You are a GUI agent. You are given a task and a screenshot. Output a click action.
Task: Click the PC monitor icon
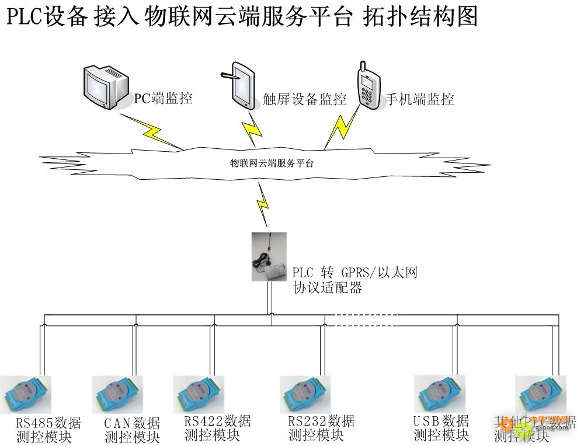coord(105,87)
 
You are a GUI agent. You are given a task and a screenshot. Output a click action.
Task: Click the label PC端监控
coord(163,98)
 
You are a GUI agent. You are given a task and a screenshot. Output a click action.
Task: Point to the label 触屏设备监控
coord(304,99)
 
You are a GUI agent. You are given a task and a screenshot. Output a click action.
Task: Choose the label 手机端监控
coord(419,99)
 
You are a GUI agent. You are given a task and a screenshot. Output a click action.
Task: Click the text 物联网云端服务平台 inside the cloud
coord(272,163)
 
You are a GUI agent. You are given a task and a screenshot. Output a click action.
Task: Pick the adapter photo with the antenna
coord(270,257)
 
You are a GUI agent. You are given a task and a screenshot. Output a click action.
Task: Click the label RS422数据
coord(217,421)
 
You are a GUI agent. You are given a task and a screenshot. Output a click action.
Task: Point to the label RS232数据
coord(321,421)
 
